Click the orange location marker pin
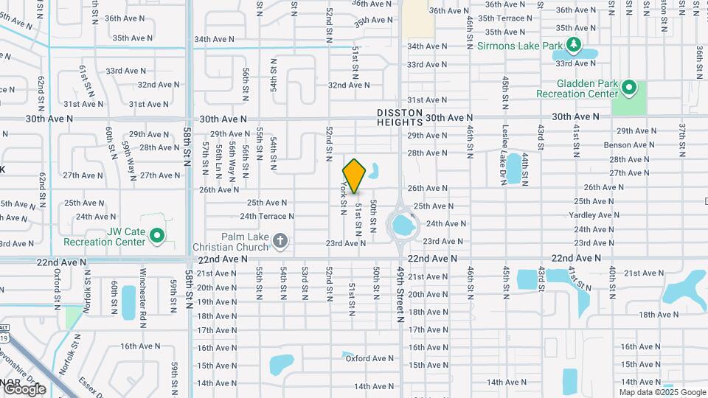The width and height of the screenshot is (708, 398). pos(355,175)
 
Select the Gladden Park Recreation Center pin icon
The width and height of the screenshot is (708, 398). pos(629,88)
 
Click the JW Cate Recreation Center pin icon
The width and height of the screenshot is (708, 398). pos(156,236)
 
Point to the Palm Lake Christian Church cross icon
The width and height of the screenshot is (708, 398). pos(280,240)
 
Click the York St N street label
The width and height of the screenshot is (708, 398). pos(344,199)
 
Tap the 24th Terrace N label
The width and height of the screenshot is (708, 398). pos(266,217)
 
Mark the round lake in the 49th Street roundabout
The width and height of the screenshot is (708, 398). pos(403,223)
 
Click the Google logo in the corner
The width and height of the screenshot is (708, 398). pos(24,388)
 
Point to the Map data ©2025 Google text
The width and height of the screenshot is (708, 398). pos(662,392)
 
